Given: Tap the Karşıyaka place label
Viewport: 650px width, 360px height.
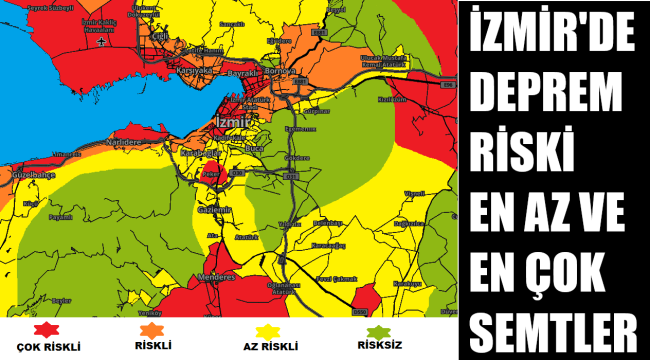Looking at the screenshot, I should tap(195, 73).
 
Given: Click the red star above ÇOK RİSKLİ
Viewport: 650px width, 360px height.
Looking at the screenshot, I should tap(43, 330).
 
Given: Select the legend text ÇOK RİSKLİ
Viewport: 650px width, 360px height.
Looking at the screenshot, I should tap(43, 347).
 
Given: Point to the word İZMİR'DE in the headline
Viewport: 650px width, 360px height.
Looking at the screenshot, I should tap(553, 35).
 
